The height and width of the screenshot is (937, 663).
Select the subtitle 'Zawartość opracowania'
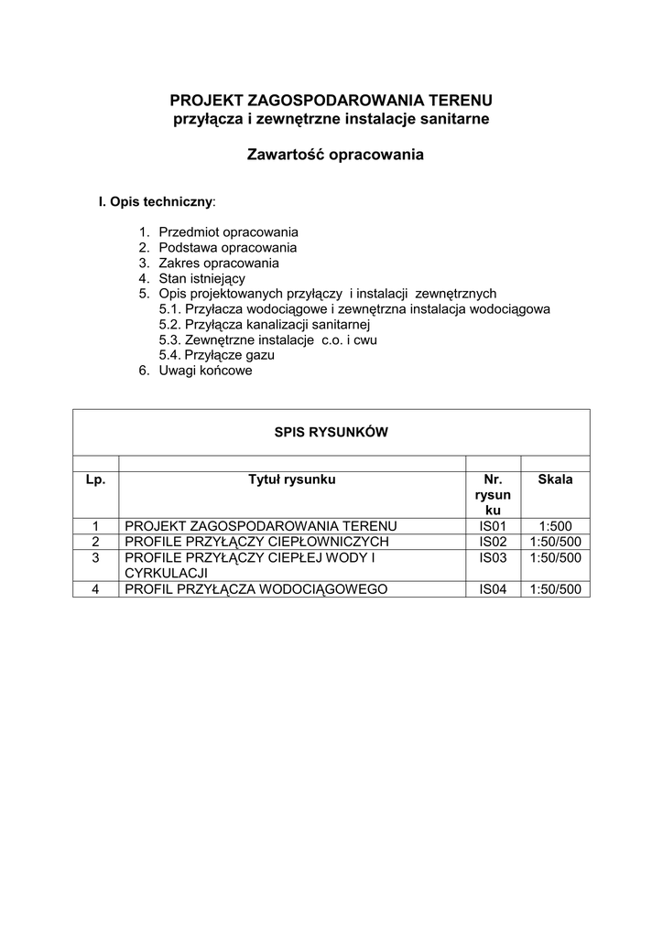[335, 155]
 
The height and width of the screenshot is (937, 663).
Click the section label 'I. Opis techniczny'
[157, 200]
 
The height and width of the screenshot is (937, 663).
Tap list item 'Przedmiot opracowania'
[228, 232]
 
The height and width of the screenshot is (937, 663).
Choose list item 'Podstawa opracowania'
[227, 248]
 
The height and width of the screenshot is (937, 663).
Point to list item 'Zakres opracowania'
[219, 264]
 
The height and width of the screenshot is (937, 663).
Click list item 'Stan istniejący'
[201, 278]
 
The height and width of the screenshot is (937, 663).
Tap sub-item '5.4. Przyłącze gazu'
[217, 355]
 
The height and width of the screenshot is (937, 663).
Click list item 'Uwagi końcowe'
[205, 371]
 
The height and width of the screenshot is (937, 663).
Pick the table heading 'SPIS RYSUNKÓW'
[331, 433]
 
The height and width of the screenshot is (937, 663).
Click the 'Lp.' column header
[96, 479]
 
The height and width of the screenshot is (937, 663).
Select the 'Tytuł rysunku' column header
[292, 479]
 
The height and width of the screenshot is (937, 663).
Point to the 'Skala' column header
[555, 479]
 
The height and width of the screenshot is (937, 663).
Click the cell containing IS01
[493, 526]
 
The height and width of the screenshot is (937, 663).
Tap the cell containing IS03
[493, 557]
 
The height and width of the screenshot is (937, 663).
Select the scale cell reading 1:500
[555, 526]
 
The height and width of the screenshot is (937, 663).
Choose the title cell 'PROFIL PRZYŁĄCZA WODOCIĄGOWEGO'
[257, 588]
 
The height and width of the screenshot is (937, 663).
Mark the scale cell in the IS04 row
[555, 588]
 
